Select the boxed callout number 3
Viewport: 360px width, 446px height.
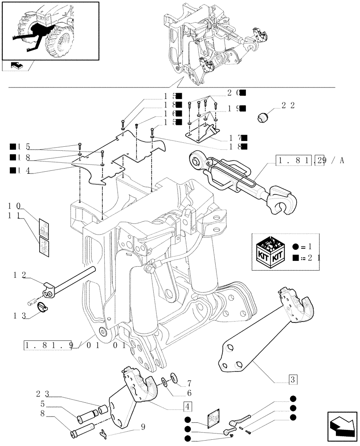293,380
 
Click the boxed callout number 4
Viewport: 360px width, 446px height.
188,406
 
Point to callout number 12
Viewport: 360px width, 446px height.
20,276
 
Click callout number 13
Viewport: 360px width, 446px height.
20,316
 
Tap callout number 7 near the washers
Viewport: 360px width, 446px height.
189,383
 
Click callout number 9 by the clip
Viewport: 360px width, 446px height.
143,426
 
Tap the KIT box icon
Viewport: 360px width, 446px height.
271,252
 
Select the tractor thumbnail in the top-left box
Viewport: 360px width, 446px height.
50,31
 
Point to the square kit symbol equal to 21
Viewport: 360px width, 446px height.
296,258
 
